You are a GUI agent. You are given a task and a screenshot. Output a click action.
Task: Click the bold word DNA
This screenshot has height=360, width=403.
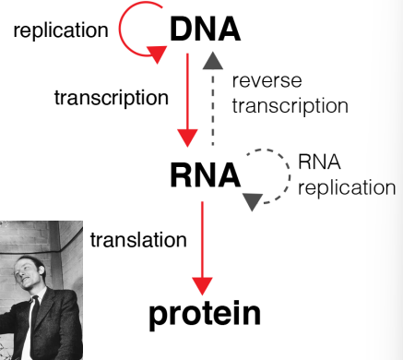205,30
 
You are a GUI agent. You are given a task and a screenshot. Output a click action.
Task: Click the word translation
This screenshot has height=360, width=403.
138,240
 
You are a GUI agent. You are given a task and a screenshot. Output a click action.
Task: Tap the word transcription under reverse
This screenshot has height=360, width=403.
290,105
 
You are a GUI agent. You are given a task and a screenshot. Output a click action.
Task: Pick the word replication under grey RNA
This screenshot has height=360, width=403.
346,187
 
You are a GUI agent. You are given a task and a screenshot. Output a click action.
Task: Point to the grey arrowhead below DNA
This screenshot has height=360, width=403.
213,61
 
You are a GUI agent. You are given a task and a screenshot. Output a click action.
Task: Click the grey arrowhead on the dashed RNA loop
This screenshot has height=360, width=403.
253,197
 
